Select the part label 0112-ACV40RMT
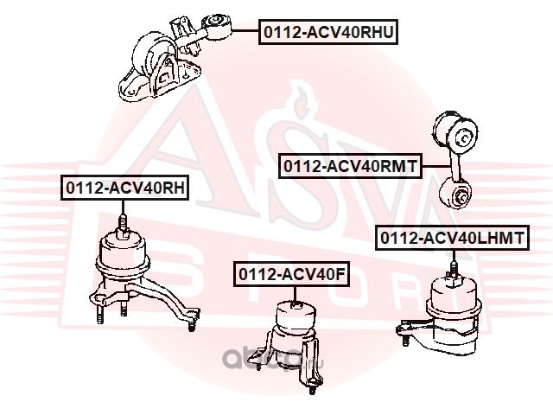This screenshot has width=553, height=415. click(348, 164)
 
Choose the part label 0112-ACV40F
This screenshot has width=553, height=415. click(292, 274)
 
